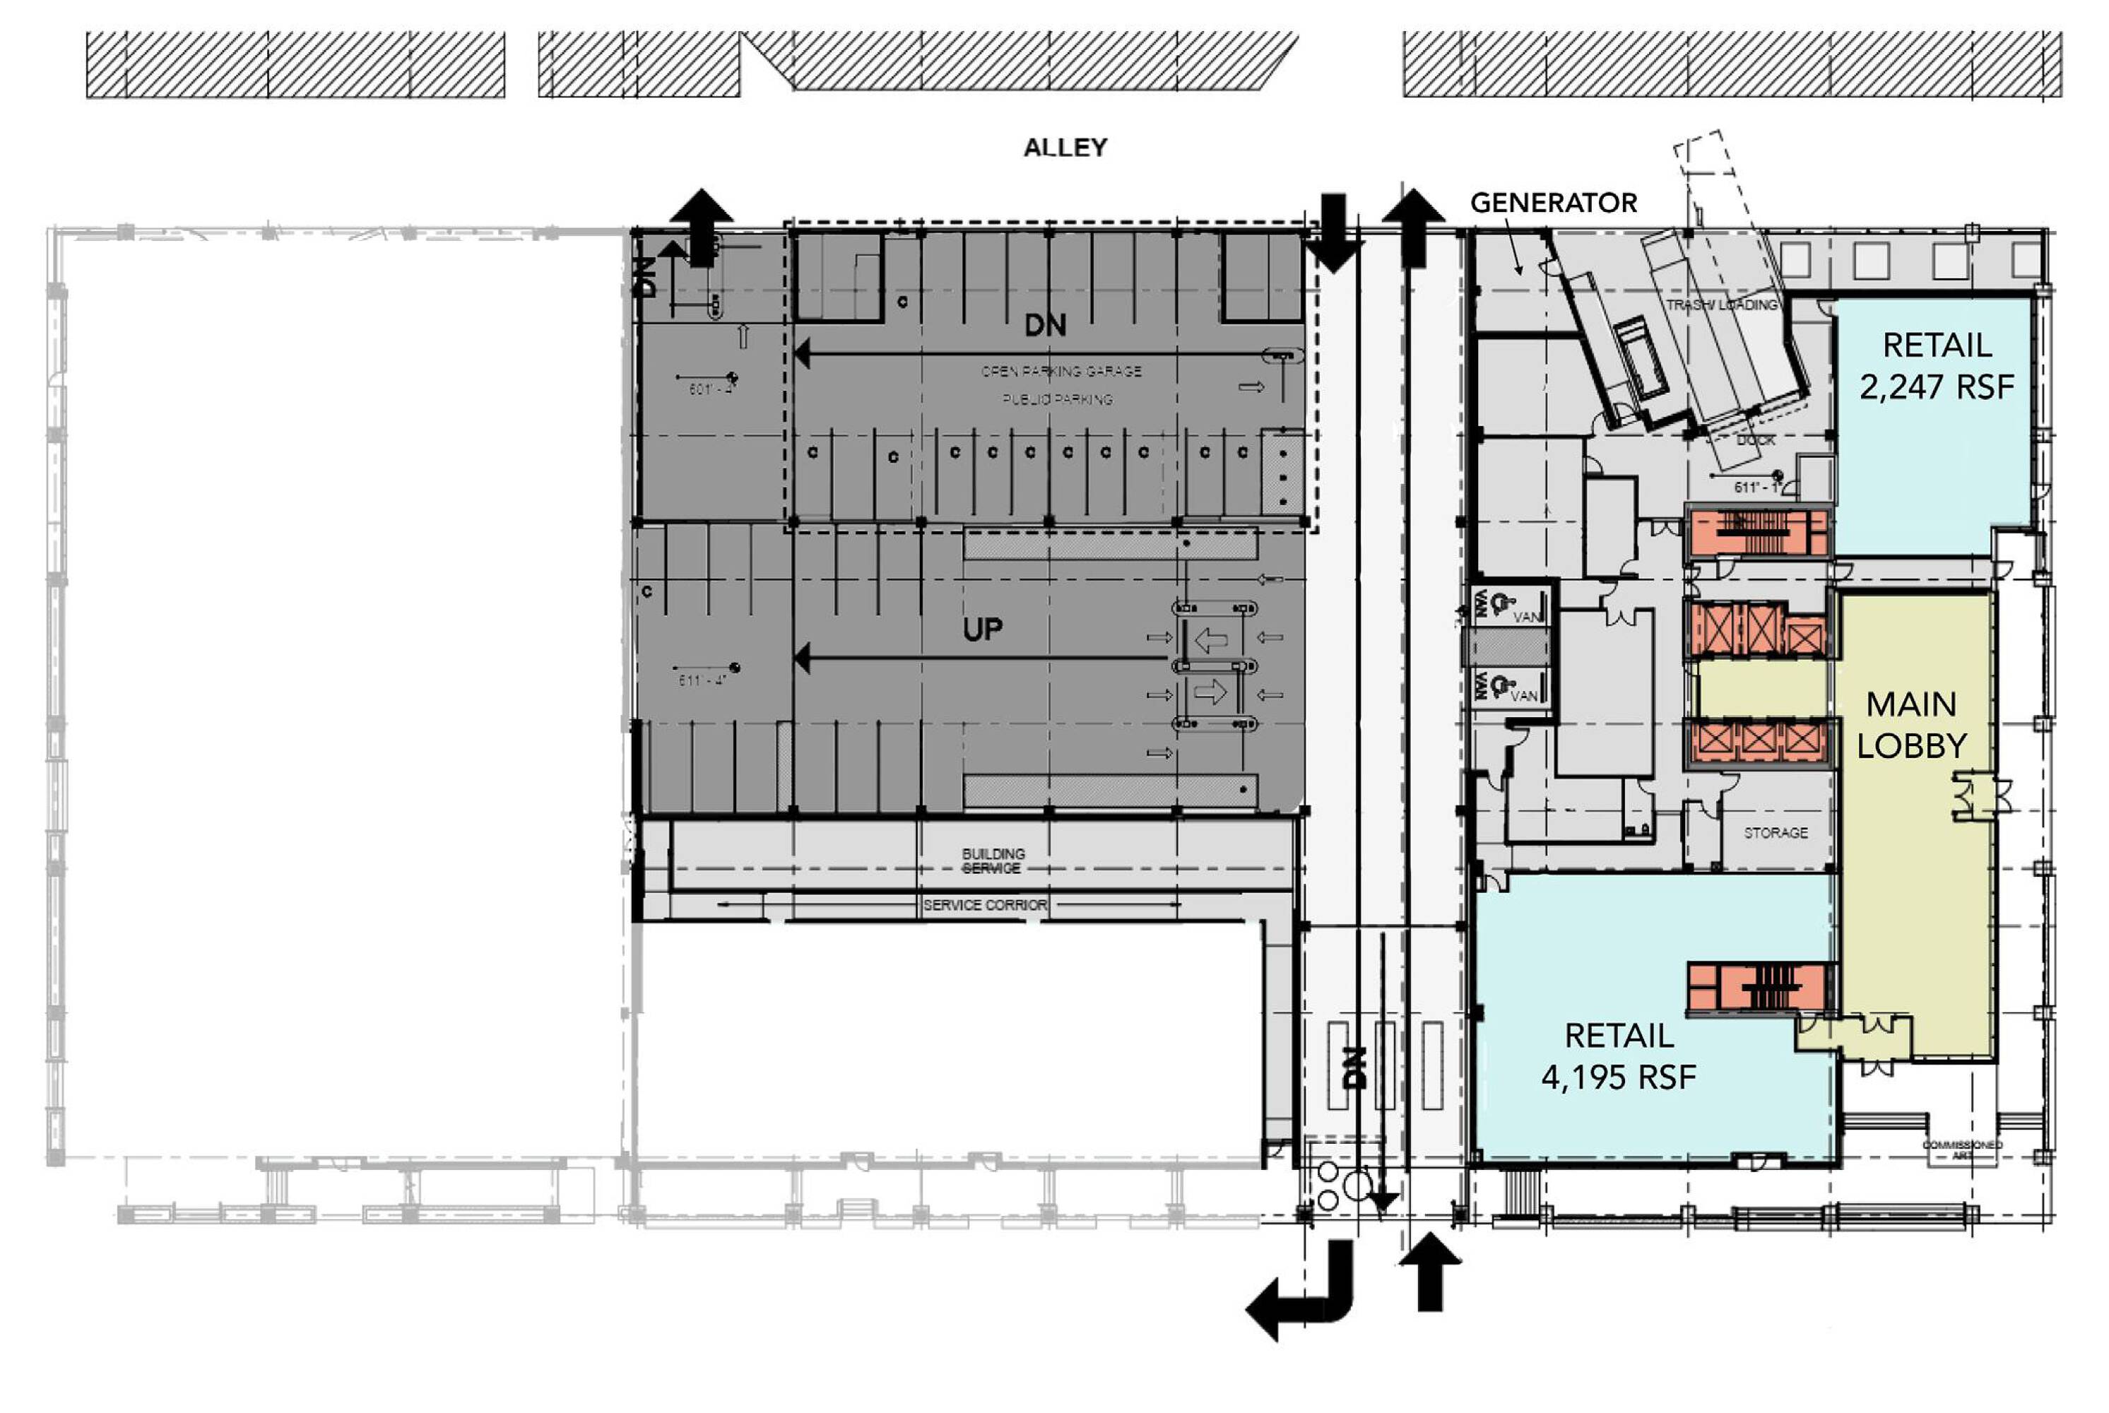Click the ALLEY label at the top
pos(1065,147)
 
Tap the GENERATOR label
pos(1553,203)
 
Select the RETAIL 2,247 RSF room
pos(1936,366)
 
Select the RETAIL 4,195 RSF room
pos(1619,1056)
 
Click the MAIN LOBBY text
pos(1910,725)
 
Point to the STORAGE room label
pos(1775,833)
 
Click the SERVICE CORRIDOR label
pos(984,905)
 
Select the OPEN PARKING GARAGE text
pos(1061,372)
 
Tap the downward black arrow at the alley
pos(1332,233)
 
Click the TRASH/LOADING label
pos(1721,305)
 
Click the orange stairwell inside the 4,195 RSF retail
pos(1759,988)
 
